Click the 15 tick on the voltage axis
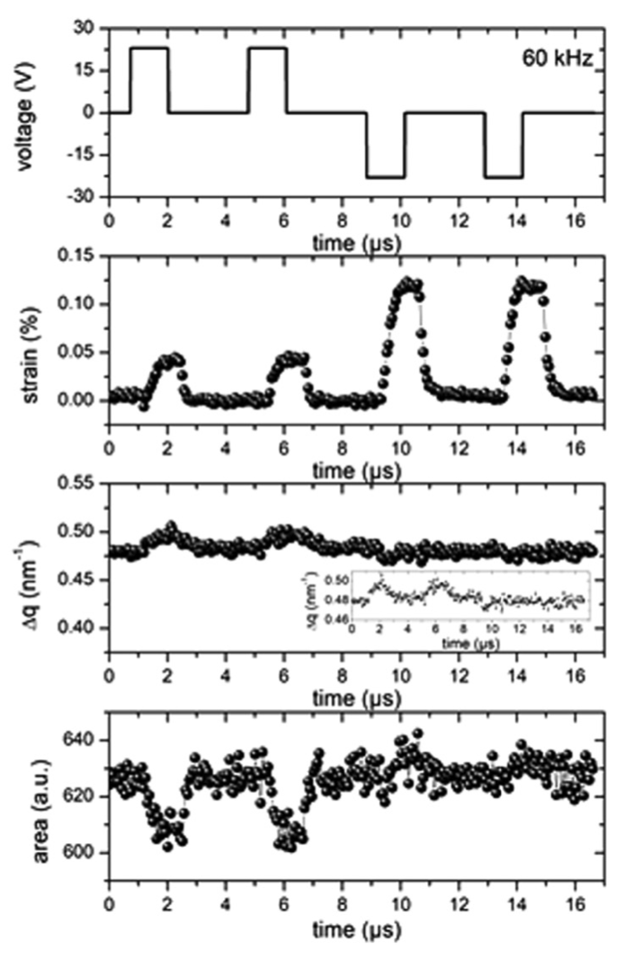93,70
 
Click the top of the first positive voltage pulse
149,48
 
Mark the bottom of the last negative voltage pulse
504,177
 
